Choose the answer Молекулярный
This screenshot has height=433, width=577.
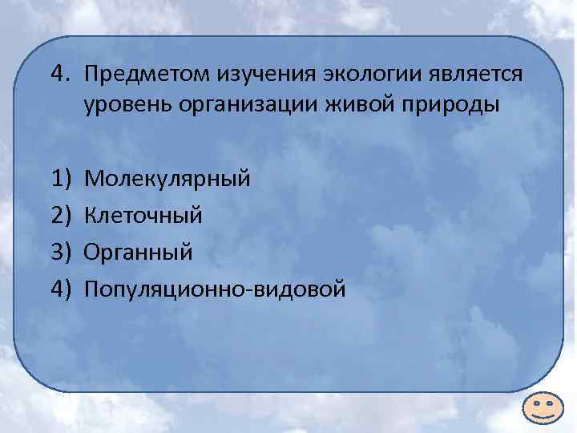[x=167, y=177]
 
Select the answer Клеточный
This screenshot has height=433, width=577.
[x=143, y=214]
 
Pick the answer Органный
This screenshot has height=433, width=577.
[x=138, y=252]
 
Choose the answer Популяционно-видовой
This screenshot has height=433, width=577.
[x=215, y=289]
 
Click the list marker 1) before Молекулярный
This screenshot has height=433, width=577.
[x=60, y=177]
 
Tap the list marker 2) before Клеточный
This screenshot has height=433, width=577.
[x=60, y=214]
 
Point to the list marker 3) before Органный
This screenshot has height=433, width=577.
[x=60, y=252]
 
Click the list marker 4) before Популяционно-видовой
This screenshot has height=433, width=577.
[x=60, y=289]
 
